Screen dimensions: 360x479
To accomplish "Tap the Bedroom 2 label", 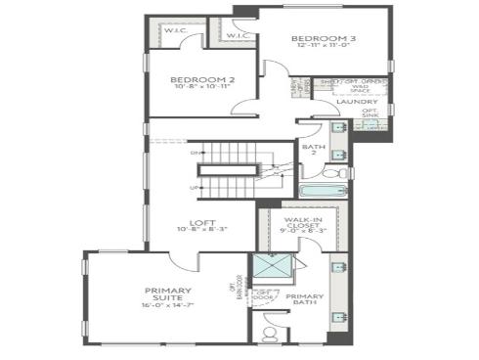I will click(x=202, y=80).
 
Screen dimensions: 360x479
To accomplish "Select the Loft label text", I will click(x=202, y=221).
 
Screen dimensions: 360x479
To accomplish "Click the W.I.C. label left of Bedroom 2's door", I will click(x=176, y=31).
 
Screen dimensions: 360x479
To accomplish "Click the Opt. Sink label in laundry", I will click(x=370, y=112).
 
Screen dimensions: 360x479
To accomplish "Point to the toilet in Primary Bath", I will click(x=268, y=332).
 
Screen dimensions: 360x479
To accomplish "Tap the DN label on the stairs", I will click(x=196, y=154).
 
